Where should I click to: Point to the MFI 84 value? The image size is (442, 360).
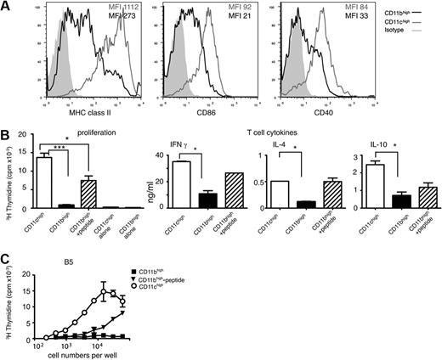coord(348,8)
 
